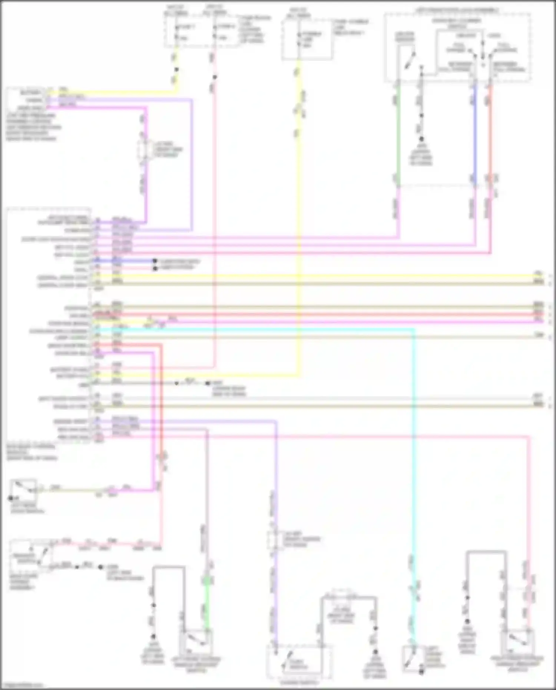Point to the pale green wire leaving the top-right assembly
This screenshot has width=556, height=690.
coord(398,133)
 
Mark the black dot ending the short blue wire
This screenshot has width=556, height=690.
coord(155,261)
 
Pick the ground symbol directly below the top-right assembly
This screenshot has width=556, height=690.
coord(421,140)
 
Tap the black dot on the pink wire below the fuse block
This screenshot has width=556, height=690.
coord(215,77)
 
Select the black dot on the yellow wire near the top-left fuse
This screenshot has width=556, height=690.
coord(176,69)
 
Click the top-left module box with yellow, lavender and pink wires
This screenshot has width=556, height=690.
coord(25,99)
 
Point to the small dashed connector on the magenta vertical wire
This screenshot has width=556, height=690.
coord(144,150)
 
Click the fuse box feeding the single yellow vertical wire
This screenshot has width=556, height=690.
coord(307,40)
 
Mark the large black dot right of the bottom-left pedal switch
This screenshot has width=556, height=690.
coord(100,567)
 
